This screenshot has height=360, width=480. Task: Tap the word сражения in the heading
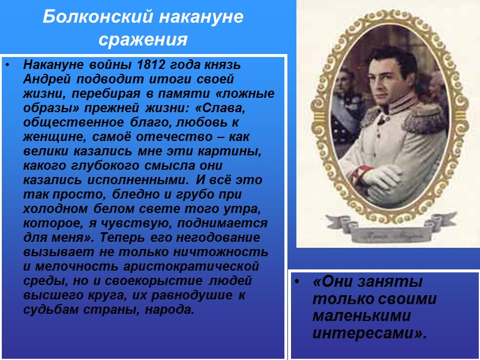pos(143,40)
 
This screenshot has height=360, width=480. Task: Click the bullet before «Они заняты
pos(297,282)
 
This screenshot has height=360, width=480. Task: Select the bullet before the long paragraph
pos(8,64)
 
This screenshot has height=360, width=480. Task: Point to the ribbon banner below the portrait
pos(389,233)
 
